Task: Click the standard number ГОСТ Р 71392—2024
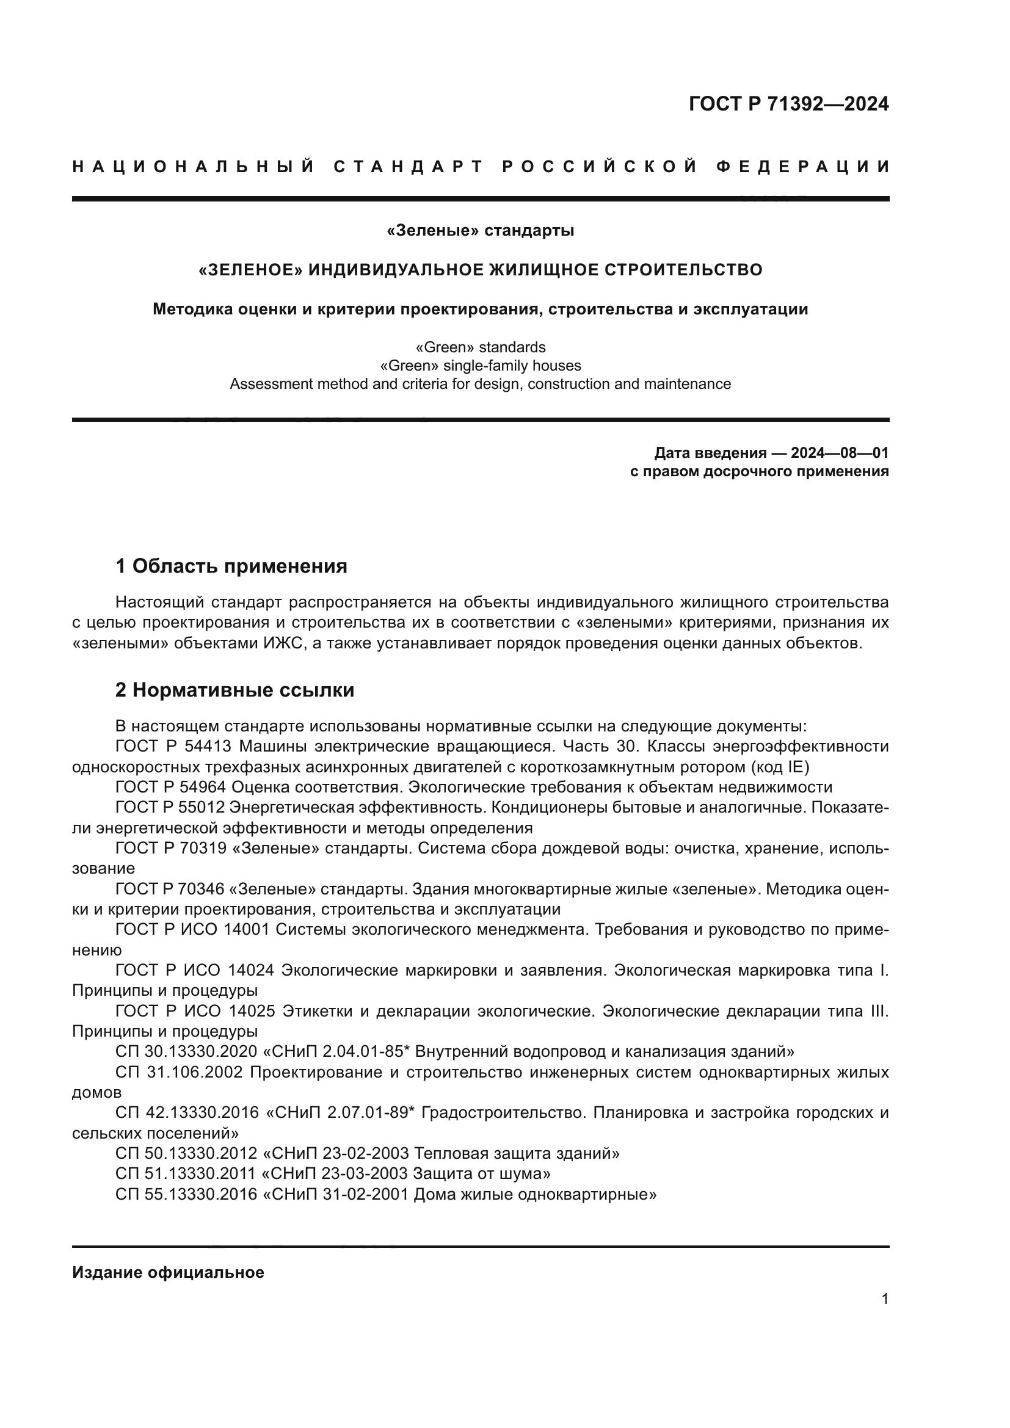(x=788, y=104)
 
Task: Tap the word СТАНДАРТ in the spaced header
(x=409, y=167)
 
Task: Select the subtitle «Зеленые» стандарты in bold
(x=480, y=231)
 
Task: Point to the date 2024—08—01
(x=840, y=452)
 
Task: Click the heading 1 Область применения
(x=231, y=566)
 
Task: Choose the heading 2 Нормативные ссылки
(x=235, y=690)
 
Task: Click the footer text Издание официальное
(x=168, y=1272)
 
